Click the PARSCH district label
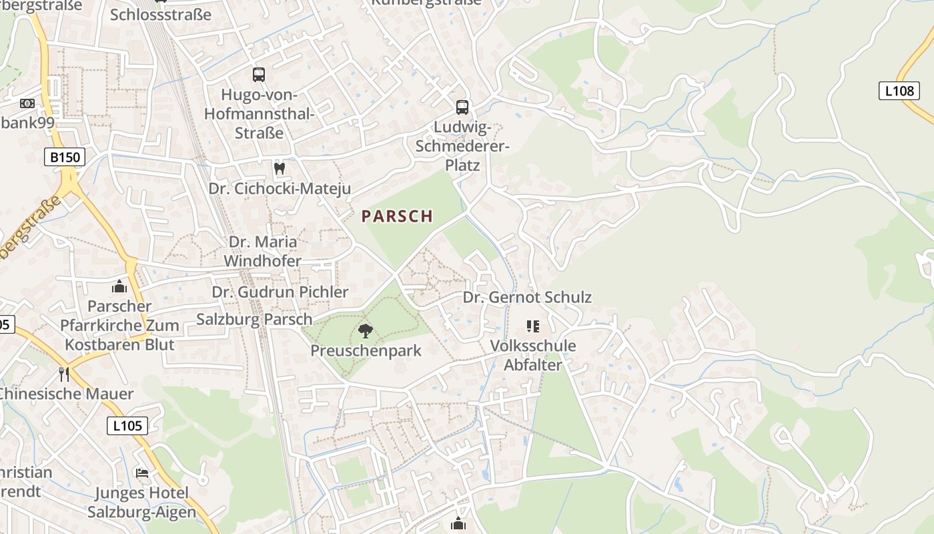pyautogui.click(x=397, y=216)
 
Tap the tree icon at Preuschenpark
pyautogui.click(x=365, y=330)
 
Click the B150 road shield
pyautogui.click(x=65, y=158)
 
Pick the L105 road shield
pyautogui.click(x=127, y=425)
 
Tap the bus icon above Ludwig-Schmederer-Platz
pyautogui.click(x=462, y=107)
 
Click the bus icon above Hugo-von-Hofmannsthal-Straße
pyautogui.click(x=259, y=75)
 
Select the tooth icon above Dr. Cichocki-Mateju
pyautogui.click(x=280, y=169)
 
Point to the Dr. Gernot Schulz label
pyautogui.click(x=527, y=297)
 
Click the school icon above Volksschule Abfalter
pyautogui.click(x=532, y=326)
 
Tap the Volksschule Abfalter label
pyautogui.click(x=532, y=355)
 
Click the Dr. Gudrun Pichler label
pyautogui.click(x=280, y=292)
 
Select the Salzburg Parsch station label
pyautogui.click(x=254, y=318)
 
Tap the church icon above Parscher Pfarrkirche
pyautogui.click(x=120, y=286)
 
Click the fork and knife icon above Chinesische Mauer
pyautogui.click(x=64, y=374)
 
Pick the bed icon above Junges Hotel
pyautogui.click(x=142, y=473)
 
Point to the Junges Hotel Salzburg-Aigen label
pyautogui.click(x=141, y=503)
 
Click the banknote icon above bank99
pyautogui.click(x=27, y=103)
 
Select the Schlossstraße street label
pyautogui.click(x=161, y=14)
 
